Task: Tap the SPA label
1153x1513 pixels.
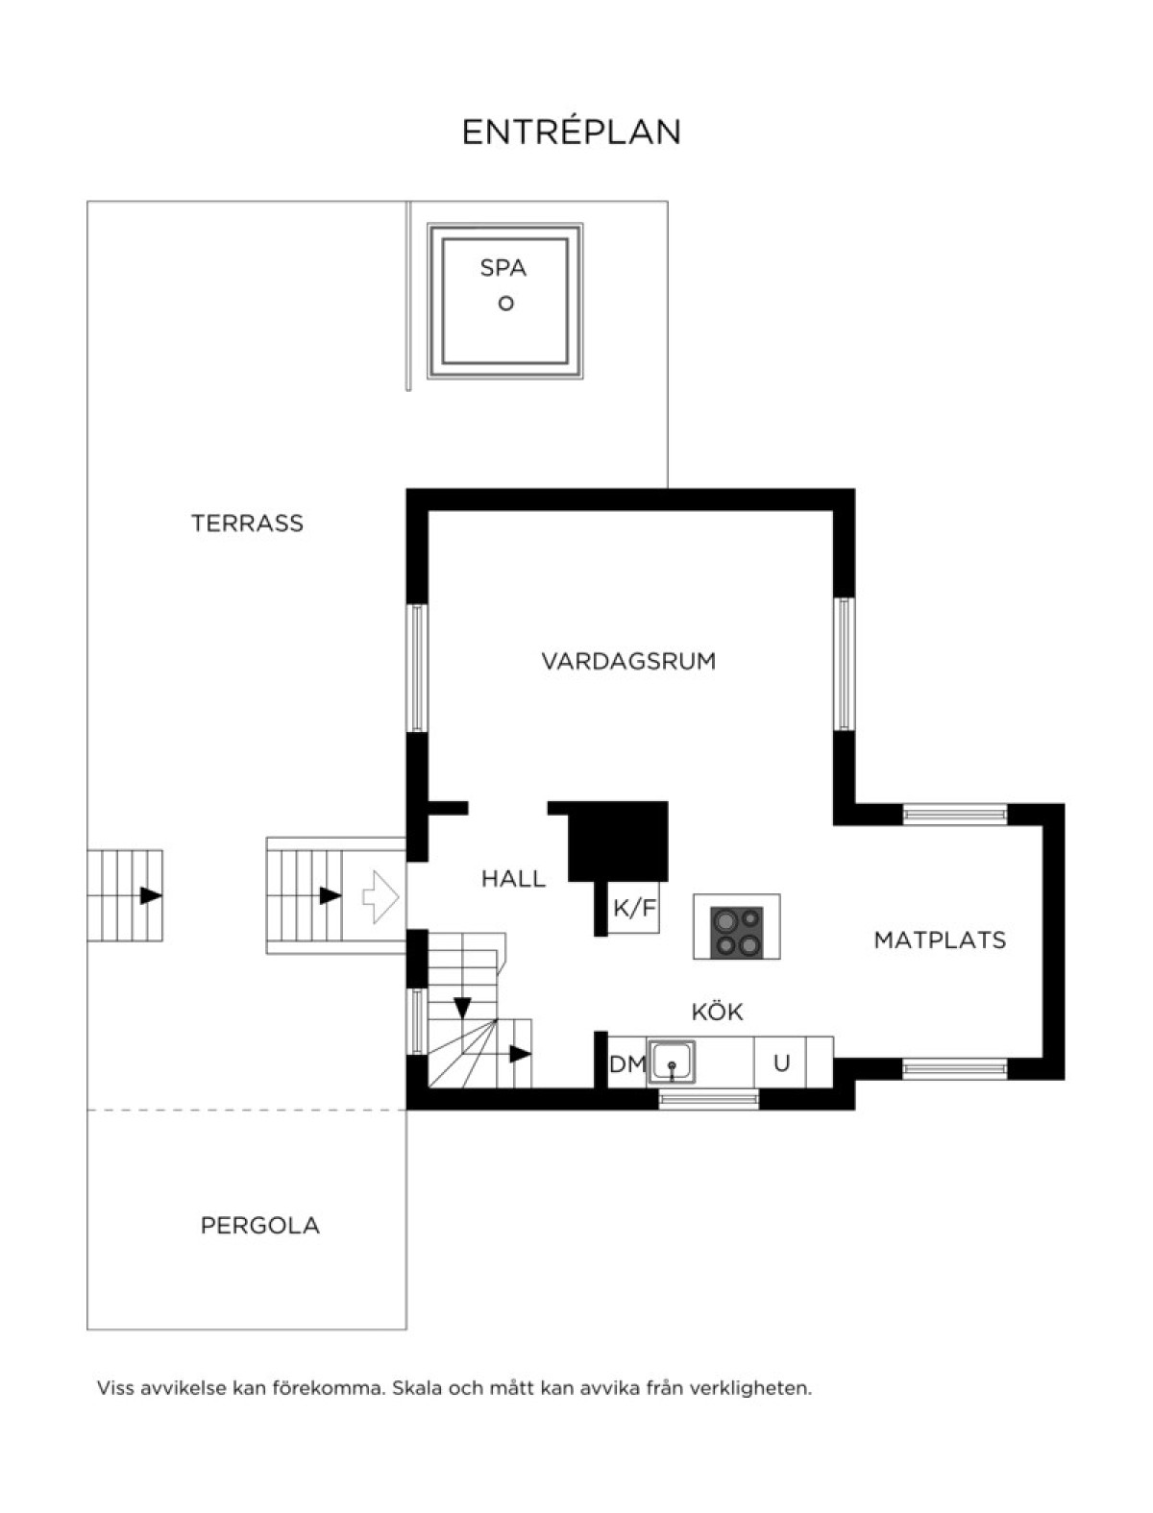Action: pos(503,268)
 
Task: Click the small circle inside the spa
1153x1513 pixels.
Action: pos(505,304)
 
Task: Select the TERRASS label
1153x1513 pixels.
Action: pos(247,524)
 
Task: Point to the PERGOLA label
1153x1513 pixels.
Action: pos(259,1226)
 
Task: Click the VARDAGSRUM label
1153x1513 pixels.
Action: pos(628,662)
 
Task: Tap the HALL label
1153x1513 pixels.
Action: pos(513,879)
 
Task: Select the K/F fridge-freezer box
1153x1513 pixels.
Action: pos(634,908)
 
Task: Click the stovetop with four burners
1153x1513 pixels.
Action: pos(737,931)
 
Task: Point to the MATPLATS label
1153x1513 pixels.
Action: pos(940,940)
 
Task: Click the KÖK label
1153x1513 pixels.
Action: pos(718,1012)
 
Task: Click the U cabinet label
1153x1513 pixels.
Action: pos(781,1063)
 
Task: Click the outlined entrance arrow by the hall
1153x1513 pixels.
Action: pos(380,897)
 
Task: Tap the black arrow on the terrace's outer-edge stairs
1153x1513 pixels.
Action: pos(151,896)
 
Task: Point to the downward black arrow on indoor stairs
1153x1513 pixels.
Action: pos(462,1008)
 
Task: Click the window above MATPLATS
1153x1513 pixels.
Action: pos(954,814)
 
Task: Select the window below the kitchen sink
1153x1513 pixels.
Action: pos(708,1099)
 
